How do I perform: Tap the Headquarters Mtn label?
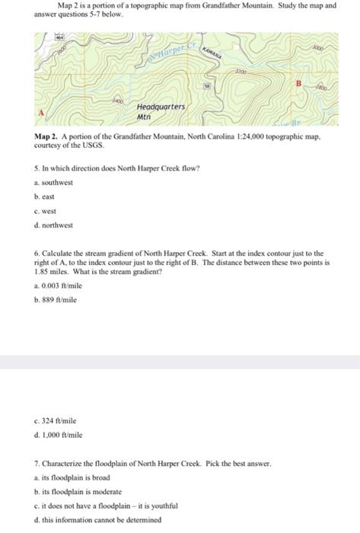160,112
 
